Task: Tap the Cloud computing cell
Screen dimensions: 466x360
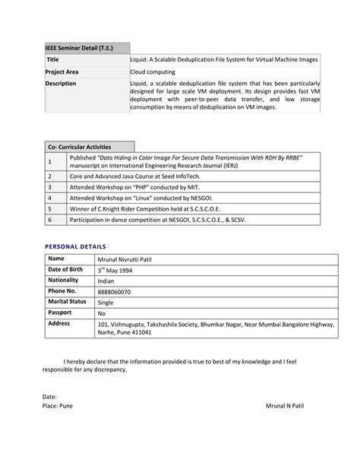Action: click(x=153, y=71)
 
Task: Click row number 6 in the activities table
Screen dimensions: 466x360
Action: click(x=49, y=219)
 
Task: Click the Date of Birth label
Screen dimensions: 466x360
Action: click(x=66, y=270)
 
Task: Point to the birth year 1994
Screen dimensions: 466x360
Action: click(x=129, y=271)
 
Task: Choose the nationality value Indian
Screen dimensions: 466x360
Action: click(x=106, y=281)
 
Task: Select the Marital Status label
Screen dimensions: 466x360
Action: click(x=68, y=302)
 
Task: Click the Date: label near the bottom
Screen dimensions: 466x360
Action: click(x=49, y=397)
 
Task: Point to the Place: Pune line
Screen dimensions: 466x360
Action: click(x=57, y=407)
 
